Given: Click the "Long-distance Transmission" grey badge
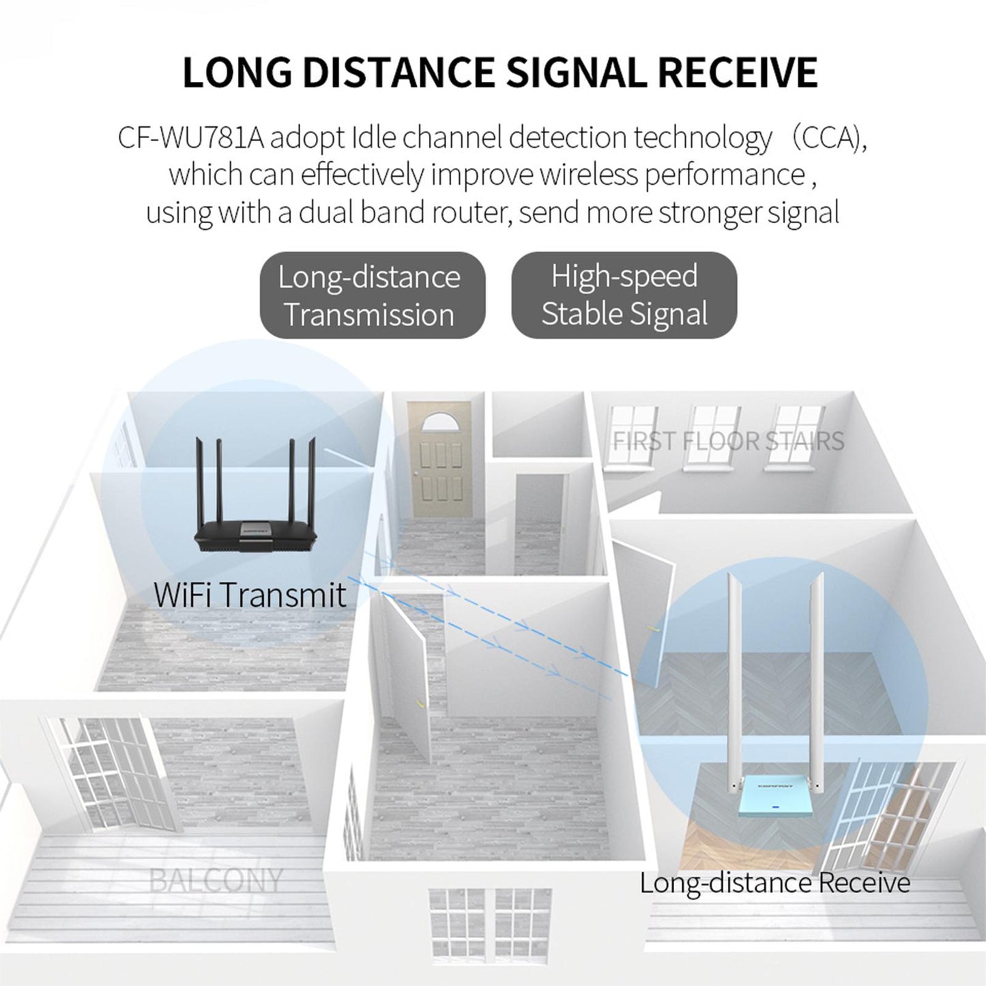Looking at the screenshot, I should coord(370,295).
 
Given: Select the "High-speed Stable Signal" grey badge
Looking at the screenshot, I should coord(624,295).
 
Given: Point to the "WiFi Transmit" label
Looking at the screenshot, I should coord(250,594).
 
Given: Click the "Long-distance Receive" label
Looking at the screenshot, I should coord(774,883).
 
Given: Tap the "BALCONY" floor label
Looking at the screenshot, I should coord(215,880).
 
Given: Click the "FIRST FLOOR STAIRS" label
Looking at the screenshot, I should coord(728,441).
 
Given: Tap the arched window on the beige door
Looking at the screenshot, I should coord(439,422).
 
